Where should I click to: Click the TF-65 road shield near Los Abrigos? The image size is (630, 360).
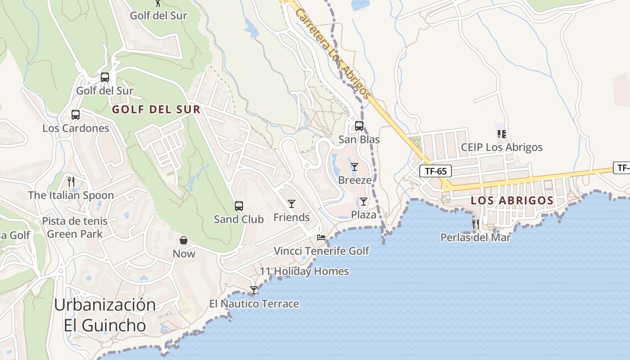(x=436, y=171)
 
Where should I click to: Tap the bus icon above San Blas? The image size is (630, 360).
(x=359, y=126)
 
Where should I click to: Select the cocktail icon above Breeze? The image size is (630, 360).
(x=355, y=167)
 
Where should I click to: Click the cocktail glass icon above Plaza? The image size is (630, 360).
(x=364, y=201)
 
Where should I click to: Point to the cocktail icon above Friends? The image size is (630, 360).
(x=292, y=204)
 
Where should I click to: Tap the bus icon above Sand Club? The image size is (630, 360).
(x=239, y=206)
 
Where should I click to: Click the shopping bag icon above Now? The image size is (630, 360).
(x=184, y=240)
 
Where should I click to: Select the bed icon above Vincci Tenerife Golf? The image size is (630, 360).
(x=321, y=238)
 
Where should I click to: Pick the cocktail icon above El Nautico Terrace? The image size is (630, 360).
(x=254, y=290)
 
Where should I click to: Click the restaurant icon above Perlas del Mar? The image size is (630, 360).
(x=475, y=224)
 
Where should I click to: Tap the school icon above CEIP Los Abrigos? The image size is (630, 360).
(x=502, y=134)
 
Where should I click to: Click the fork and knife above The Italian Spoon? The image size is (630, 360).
(x=71, y=182)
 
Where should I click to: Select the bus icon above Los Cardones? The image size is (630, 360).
(x=76, y=115)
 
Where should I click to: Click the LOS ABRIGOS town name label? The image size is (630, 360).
(x=512, y=201)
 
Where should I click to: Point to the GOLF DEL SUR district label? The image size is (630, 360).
(x=156, y=109)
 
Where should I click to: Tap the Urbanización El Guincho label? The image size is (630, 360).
(x=105, y=315)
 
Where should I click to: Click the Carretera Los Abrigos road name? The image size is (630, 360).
(x=333, y=53)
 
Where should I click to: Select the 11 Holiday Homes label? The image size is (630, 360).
(x=304, y=271)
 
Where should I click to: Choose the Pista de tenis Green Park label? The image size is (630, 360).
(x=75, y=228)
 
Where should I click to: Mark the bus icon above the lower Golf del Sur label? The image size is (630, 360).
(x=105, y=77)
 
